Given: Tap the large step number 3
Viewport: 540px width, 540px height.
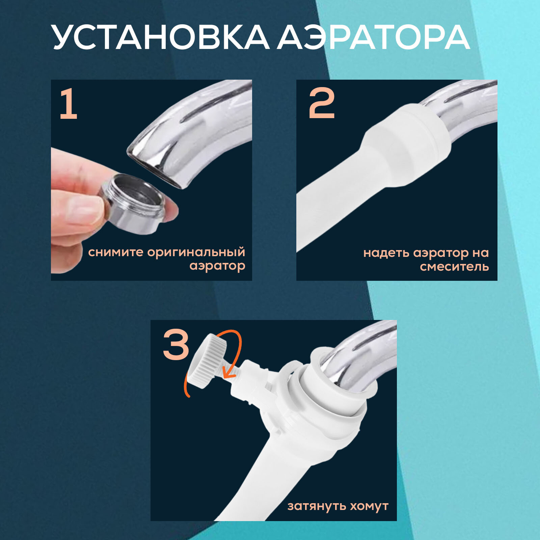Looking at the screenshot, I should pos(176,345).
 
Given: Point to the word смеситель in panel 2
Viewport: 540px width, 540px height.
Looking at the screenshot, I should pos(454,267).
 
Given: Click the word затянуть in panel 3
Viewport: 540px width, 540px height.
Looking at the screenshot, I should pos(316,506).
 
